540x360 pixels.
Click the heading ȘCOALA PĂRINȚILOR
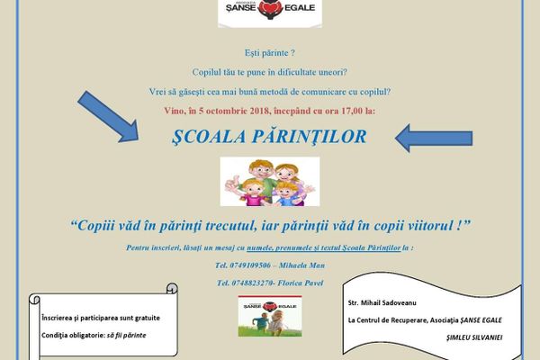point(268,138)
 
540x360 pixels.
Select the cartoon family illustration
point(269,181)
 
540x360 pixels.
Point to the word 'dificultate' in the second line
point(308,72)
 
